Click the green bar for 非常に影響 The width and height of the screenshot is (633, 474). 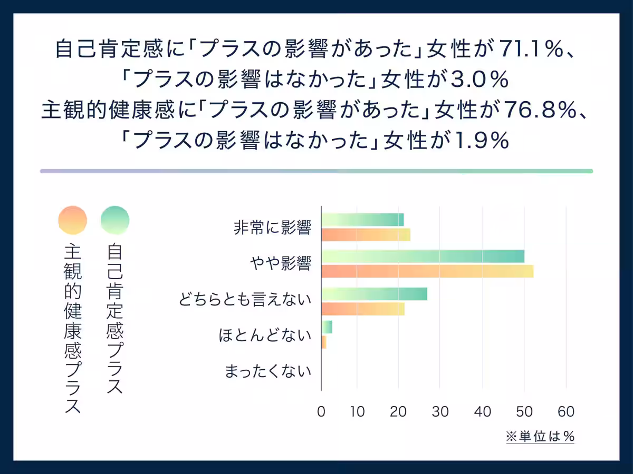(362, 220)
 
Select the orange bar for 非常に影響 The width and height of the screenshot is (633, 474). (366, 234)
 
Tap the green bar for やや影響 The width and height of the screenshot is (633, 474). (423, 256)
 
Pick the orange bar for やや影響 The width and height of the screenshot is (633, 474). (427, 271)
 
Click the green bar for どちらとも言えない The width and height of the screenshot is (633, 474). (374, 294)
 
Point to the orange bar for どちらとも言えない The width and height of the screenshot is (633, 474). (363, 309)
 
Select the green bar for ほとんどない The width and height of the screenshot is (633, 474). (327, 327)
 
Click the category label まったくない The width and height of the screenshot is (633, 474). (268, 371)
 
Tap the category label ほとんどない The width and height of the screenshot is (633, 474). (265, 335)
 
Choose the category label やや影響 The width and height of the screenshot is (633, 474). (280, 264)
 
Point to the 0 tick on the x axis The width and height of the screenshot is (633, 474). (321, 412)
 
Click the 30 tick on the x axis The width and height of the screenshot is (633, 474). (440, 412)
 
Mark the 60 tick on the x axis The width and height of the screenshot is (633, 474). (565, 412)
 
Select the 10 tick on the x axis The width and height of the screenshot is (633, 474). (357, 412)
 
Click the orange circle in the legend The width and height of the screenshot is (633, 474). (73, 220)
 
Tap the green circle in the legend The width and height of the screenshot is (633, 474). (115, 220)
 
